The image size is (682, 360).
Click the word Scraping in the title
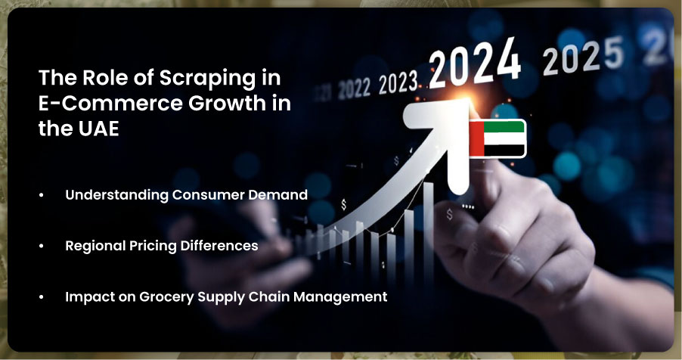[207, 79]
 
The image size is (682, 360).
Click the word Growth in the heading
[227, 103]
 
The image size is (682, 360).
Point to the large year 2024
[475, 64]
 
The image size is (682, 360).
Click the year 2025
[583, 57]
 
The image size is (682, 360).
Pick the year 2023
[398, 82]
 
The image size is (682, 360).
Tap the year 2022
[355, 88]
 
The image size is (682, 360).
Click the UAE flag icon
[498, 138]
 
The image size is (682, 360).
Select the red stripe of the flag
[476, 138]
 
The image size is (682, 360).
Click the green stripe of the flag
[504, 126]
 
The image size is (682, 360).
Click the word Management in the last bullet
[340, 297]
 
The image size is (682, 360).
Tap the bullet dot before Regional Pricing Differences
[42, 247]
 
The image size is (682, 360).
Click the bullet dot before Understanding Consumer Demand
[42, 195]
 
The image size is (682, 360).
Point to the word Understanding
[116, 195]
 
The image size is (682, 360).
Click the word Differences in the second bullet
[219, 246]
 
